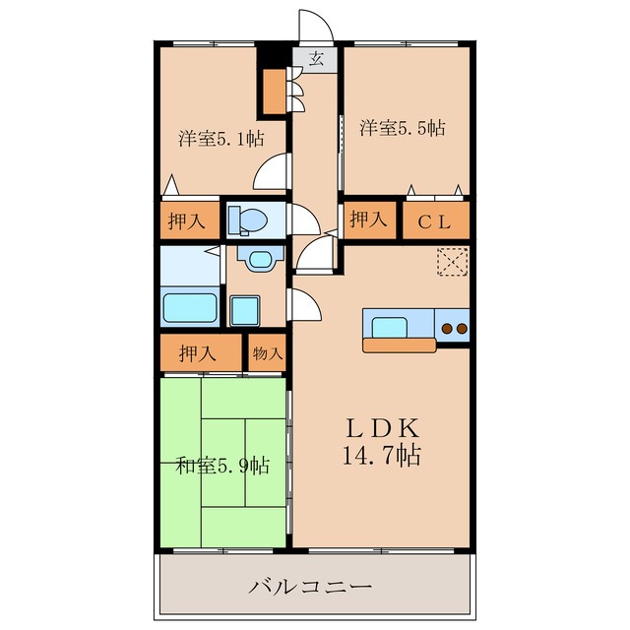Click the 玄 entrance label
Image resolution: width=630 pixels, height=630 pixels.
pyautogui.click(x=317, y=58)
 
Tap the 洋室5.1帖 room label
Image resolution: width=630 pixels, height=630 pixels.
pyautogui.click(x=220, y=139)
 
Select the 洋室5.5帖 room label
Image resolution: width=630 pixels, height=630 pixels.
pyautogui.click(x=401, y=127)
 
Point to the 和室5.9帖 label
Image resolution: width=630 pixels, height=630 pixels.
pyautogui.click(x=223, y=465)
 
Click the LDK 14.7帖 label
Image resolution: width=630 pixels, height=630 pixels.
pyautogui.click(x=383, y=442)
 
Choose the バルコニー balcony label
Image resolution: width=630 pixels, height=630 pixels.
pyautogui.click(x=310, y=588)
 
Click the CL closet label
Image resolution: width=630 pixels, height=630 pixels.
pyautogui.click(x=435, y=221)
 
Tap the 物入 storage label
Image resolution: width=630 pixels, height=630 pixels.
pyautogui.click(x=266, y=352)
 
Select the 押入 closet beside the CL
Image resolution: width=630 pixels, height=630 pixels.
pyautogui.click(x=368, y=219)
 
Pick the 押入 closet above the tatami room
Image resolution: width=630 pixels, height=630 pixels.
pyautogui.click(x=200, y=352)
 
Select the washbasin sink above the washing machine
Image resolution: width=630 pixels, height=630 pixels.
pyautogui.click(x=259, y=260)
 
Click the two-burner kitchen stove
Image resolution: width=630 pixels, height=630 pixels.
pyautogui.click(x=454, y=327)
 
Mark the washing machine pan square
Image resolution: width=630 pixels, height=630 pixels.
pyautogui.click(x=245, y=310)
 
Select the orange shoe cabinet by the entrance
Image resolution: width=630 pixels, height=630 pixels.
pyautogui.click(x=272, y=90)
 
